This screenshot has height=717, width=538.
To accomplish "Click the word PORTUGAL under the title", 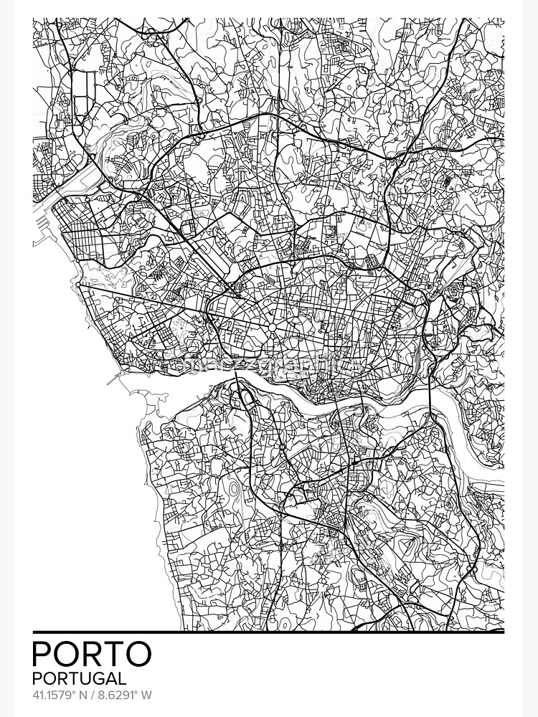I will click(x=79, y=678).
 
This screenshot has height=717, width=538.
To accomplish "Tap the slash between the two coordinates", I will click(x=96, y=695).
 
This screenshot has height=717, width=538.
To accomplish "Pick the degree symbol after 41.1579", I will click(x=77, y=693).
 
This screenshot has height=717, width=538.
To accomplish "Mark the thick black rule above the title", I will click(x=268, y=632).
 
